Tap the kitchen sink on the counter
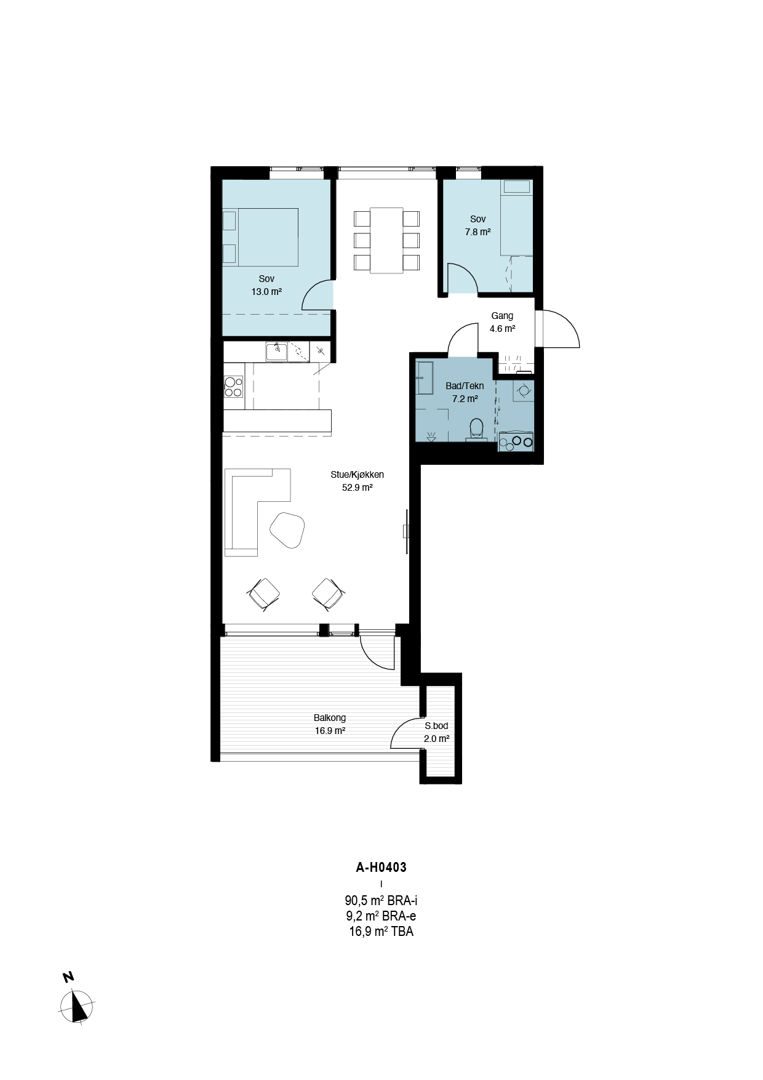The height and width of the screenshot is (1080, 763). pyautogui.click(x=277, y=352)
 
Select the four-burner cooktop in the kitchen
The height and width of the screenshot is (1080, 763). pyautogui.click(x=234, y=387)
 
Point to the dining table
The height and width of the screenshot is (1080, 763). pyautogui.click(x=386, y=240)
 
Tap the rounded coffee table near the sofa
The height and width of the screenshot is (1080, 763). pyautogui.click(x=287, y=529)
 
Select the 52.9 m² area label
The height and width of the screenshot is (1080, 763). pyautogui.click(x=358, y=488)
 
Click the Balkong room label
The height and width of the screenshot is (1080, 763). pyautogui.click(x=330, y=718)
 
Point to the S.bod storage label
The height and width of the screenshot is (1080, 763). pyautogui.click(x=436, y=726)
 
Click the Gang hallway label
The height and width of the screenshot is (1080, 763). pyautogui.click(x=502, y=316)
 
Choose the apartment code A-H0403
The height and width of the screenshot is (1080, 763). pyautogui.click(x=381, y=868)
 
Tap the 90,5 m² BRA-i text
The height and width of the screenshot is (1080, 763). pyautogui.click(x=381, y=901)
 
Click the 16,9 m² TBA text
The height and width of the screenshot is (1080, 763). pyautogui.click(x=381, y=932)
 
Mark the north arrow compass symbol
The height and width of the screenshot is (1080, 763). pyautogui.click(x=77, y=1005)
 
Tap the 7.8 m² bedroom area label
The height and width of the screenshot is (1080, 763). pyautogui.click(x=478, y=232)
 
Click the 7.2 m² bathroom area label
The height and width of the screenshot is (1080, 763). pyautogui.click(x=465, y=399)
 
